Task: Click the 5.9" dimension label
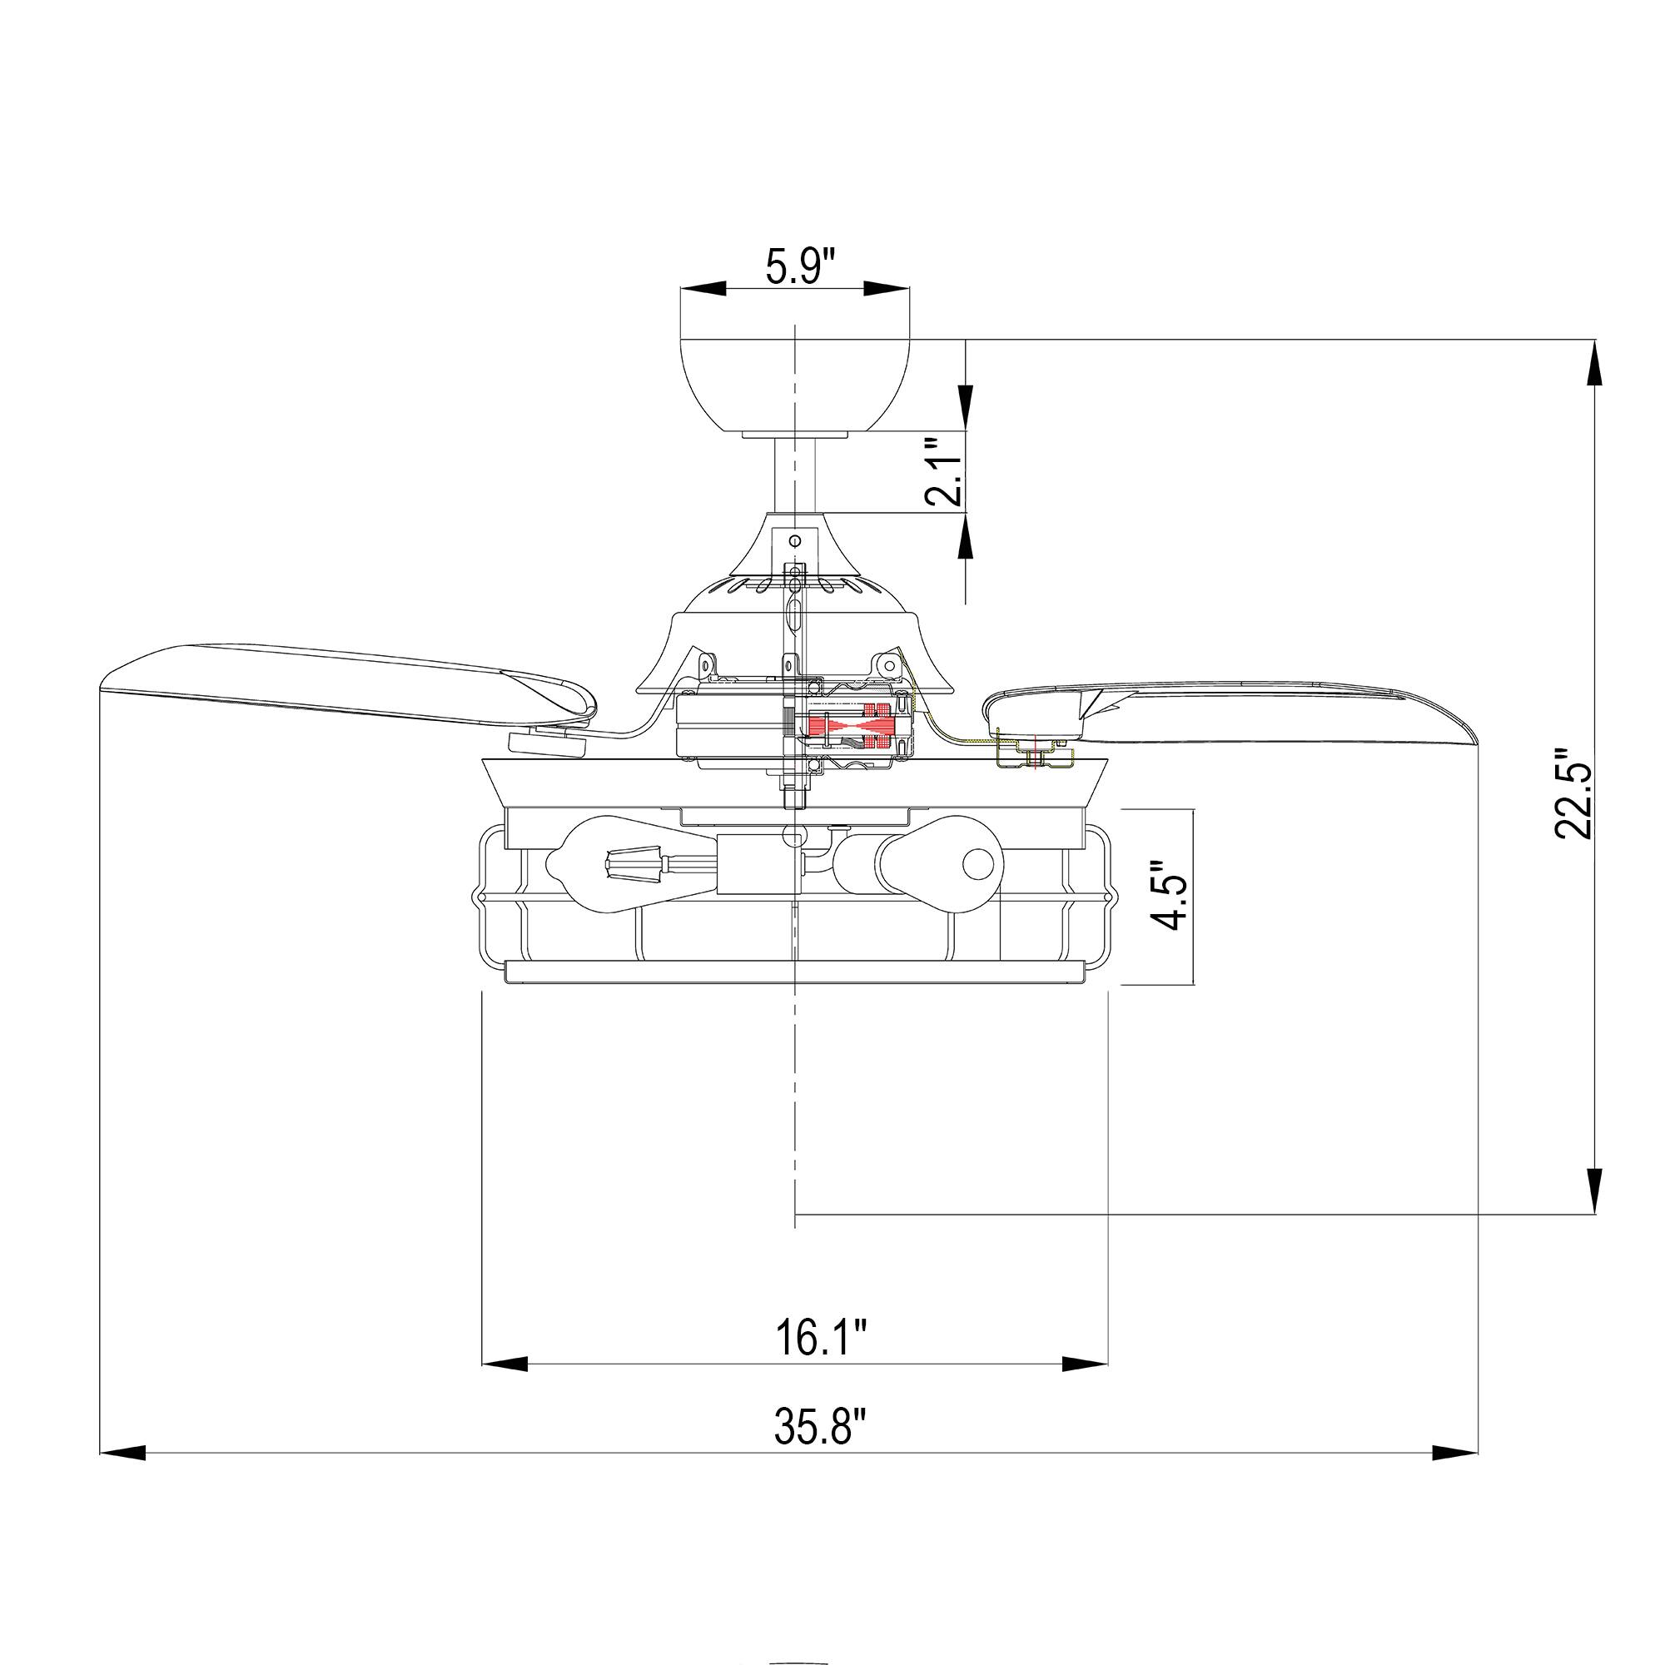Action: click(801, 267)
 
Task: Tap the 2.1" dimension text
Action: click(943, 471)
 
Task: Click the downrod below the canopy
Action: click(794, 475)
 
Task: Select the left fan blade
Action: click(345, 685)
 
